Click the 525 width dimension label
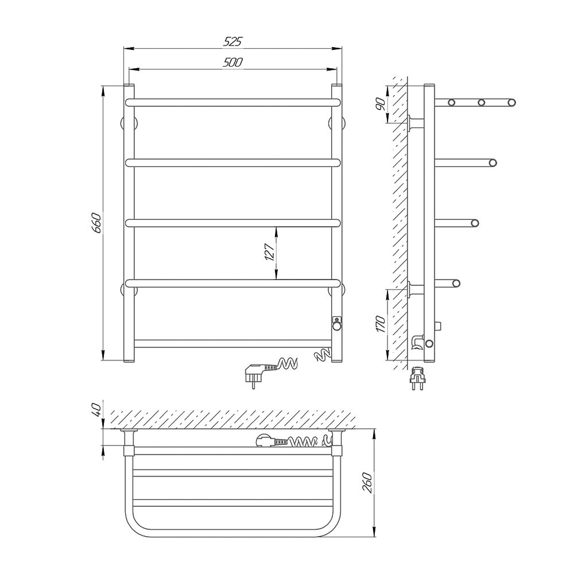pos(233,42)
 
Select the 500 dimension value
pos(233,63)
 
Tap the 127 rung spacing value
pos(269,252)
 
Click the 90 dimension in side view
pos(381,104)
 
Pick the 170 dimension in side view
pos(381,324)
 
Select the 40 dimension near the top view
pos(96,409)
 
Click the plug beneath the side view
pos(418,378)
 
